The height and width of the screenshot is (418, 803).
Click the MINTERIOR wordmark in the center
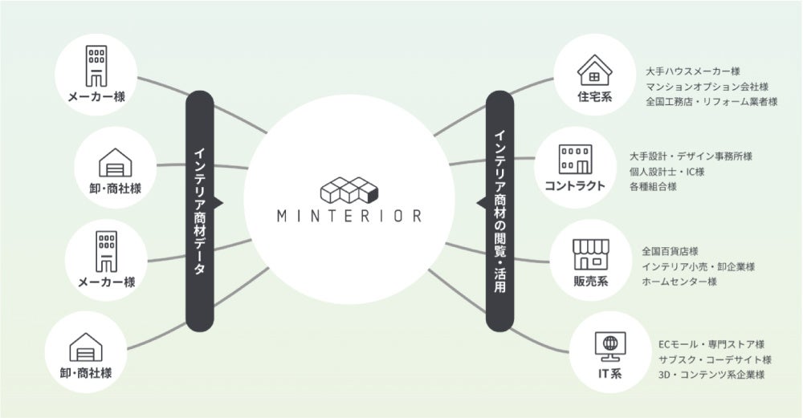[x=349, y=216]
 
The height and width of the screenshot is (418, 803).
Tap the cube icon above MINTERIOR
[x=349, y=188]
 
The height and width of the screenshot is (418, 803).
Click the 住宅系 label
[x=595, y=98]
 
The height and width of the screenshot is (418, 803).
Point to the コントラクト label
[x=574, y=186]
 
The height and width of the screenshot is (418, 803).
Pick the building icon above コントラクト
[x=575, y=158]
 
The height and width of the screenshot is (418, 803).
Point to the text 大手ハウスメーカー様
[x=692, y=71]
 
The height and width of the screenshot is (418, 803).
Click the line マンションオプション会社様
[x=707, y=87]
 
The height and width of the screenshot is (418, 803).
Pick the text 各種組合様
[x=654, y=187]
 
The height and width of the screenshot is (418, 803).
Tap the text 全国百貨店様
[x=670, y=251]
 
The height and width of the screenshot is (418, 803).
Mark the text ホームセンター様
[x=679, y=282]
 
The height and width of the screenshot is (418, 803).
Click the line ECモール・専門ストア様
[x=711, y=344]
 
